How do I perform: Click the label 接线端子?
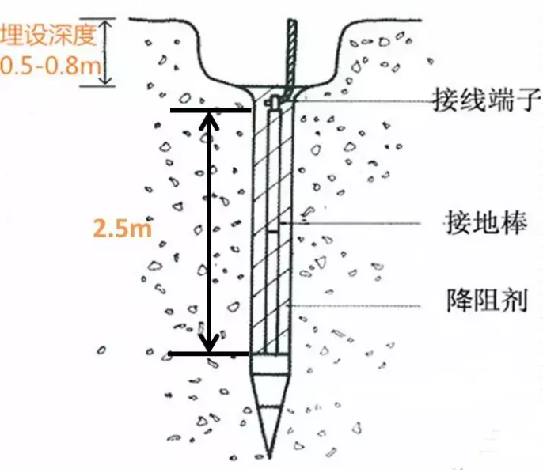487,100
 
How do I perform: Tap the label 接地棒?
487,222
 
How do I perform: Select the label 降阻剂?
487,301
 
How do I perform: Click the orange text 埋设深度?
48,35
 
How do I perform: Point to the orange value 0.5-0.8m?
50,66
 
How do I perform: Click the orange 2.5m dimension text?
123,229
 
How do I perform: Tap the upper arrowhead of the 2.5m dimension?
209,120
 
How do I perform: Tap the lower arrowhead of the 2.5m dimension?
209,343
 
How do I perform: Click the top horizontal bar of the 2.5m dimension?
211,111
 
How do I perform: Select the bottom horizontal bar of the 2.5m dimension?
209,354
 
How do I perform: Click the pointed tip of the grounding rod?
269,457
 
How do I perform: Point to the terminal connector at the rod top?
274,102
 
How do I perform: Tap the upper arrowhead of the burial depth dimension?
105,22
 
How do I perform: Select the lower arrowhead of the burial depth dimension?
106,81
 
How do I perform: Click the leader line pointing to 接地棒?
350,224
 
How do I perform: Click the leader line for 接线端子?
363,101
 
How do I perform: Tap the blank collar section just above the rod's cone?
269,365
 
